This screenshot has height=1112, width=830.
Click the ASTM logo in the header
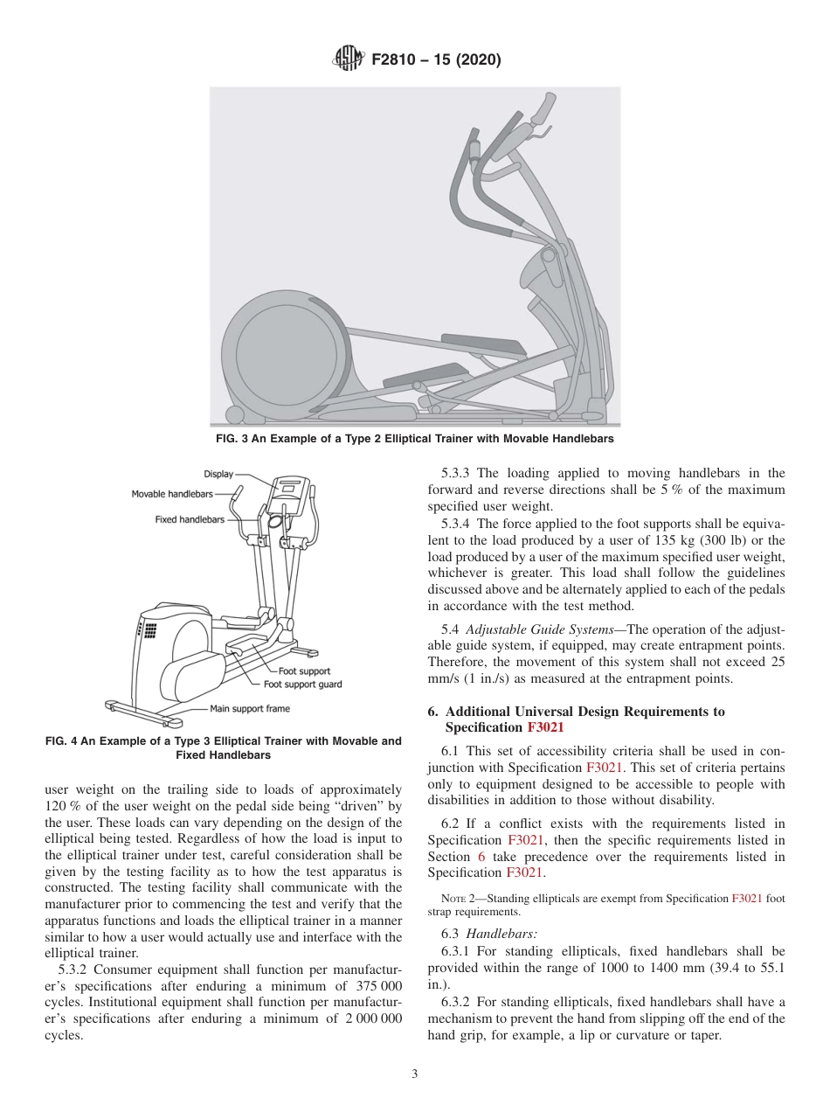coord(348,60)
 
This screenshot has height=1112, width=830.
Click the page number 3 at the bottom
coord(415,1074)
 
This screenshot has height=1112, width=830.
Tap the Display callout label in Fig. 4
coord(218,474)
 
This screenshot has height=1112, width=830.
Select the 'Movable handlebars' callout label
coord(172,494)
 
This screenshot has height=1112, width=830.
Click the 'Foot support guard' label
coord(302,685)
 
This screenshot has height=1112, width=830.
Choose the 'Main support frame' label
coord(250,708)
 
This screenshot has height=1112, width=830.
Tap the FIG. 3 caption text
coord(414,439)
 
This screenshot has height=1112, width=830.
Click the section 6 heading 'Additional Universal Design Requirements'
coord(584,712)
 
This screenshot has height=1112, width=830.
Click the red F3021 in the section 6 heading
coord(545,727)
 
